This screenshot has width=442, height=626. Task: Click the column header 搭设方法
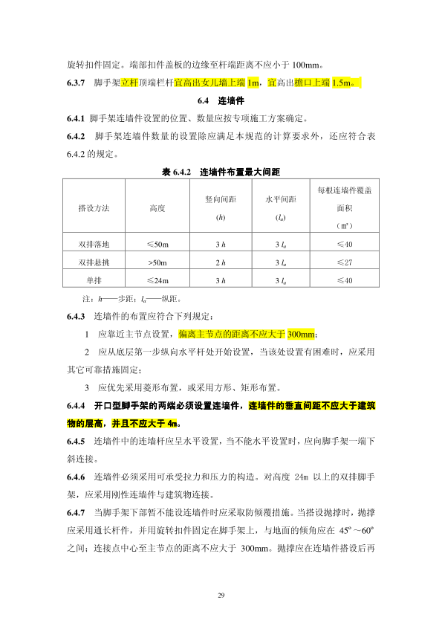point(94,208)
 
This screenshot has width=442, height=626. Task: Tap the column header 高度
point(157,208)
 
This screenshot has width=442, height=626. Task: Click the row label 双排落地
point(94,245)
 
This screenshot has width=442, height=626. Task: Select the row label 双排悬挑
point(94,262)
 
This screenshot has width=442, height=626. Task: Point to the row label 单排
point(94,280)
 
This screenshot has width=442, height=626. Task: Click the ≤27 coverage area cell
point(344,262)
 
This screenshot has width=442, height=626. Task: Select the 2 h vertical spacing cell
point(220,262)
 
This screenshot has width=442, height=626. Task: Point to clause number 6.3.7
point(77,82)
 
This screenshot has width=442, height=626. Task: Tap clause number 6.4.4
point(77,405)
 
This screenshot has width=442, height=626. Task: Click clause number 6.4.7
point(77,514)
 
